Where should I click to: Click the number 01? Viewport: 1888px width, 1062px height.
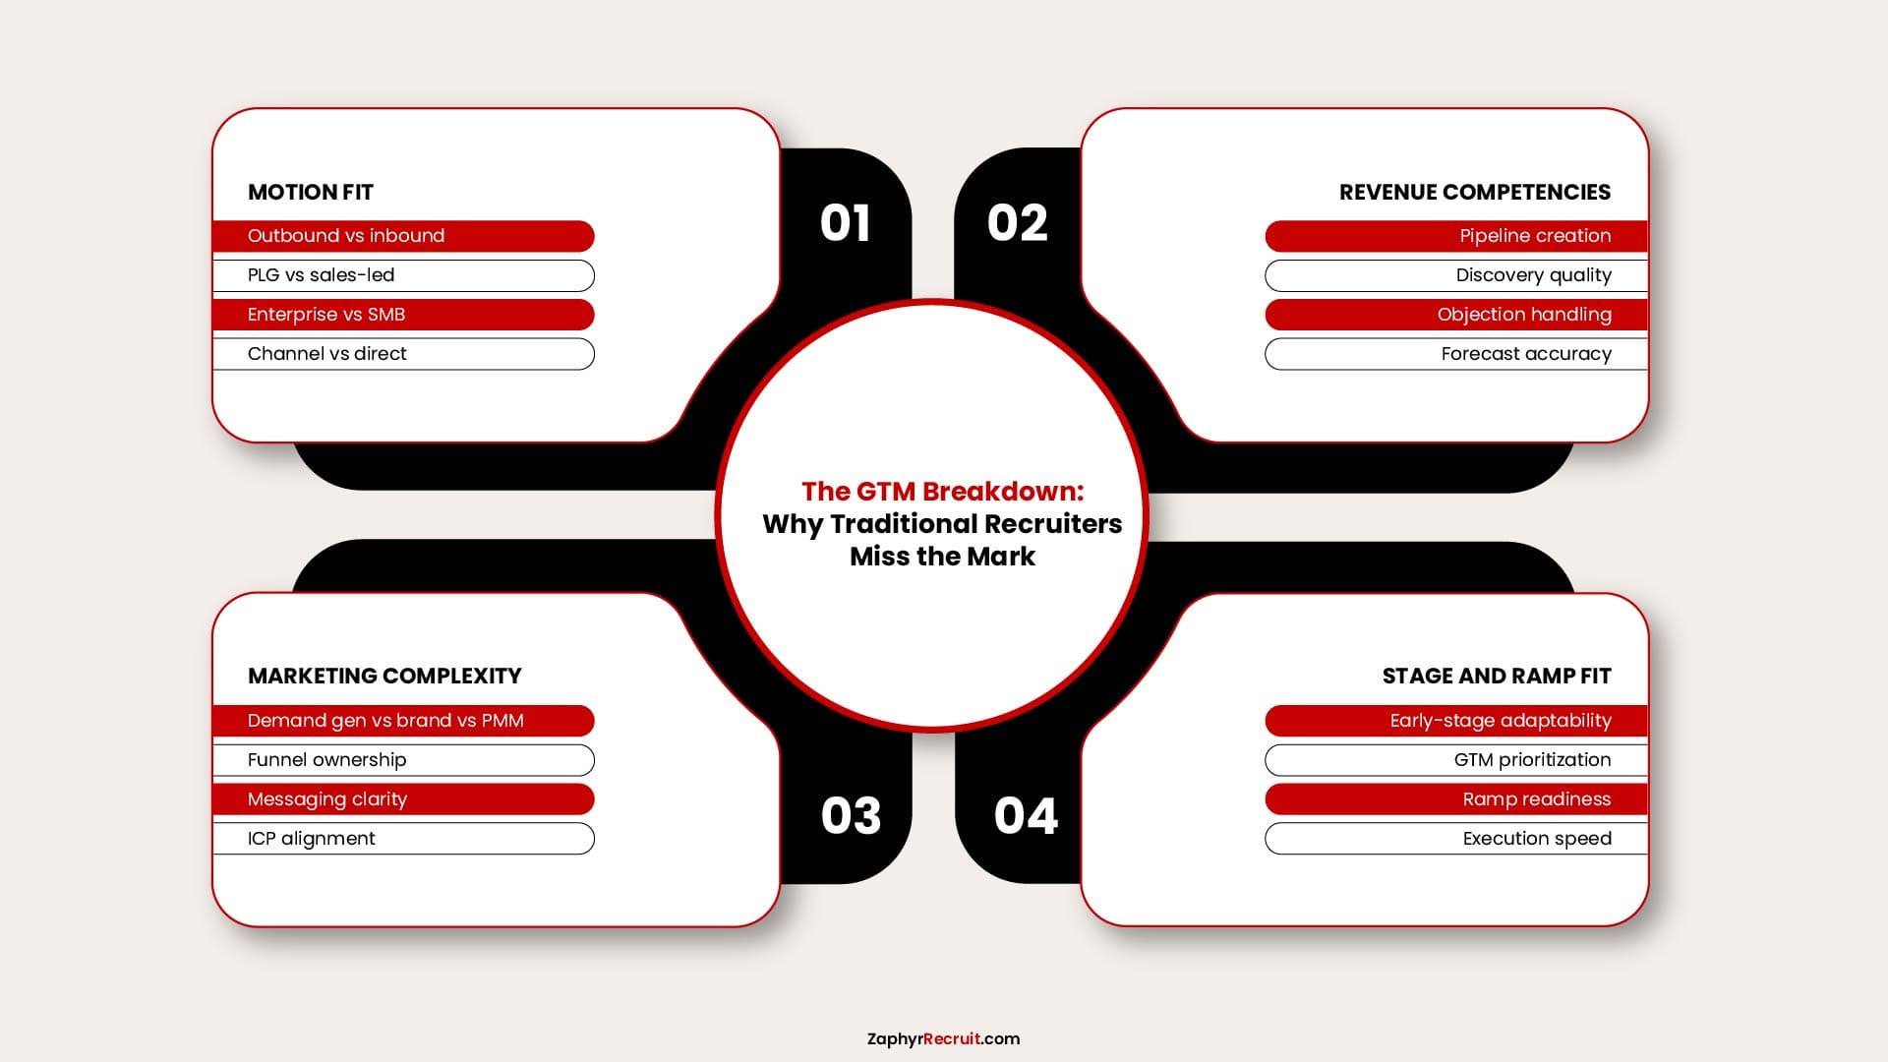point(845,223)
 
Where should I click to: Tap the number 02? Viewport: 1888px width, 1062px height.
point(1018,223)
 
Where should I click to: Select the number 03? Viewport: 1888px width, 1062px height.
point(852,815)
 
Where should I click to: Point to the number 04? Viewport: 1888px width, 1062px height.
point(1026,815)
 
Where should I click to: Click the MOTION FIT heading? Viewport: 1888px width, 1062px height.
point(311,192)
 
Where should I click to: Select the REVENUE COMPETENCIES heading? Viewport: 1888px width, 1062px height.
point(1475,192)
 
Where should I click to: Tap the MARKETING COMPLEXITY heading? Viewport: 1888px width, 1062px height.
point(384,676)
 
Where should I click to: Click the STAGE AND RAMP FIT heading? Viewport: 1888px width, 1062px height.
point(1497,676)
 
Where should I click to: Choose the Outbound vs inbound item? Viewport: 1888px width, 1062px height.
point(403,236)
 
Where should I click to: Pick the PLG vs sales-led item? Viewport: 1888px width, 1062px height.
point(403,275)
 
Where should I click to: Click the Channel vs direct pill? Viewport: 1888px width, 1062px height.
point(403,354)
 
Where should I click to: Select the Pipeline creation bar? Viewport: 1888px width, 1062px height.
point(1456,236)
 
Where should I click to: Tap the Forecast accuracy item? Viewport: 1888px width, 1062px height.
point(1456,354)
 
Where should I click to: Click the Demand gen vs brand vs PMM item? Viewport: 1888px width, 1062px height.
point(403,721)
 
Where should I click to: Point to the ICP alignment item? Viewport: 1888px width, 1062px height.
point(403,839)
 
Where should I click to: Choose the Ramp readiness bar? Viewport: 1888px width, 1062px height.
point(1456,799)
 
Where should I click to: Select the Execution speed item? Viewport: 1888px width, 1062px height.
point(1456,839)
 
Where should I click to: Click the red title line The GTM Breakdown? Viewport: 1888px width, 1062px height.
point(942,491)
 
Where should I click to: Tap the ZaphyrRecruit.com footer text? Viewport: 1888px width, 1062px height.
point(943,1038)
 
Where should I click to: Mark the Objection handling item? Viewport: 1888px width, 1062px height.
point(1456,315)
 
